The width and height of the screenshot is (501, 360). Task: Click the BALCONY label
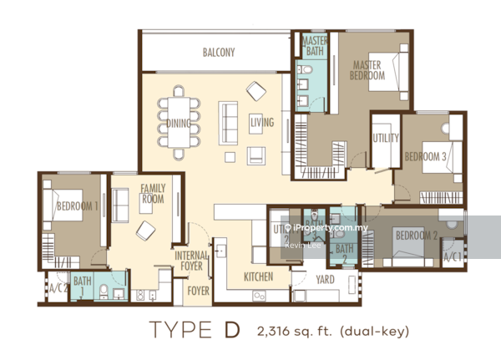(x=219, y=53)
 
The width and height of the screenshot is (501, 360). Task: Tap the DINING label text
(x=178, y=124)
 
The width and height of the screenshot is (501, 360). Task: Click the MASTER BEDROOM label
(x=367, y=70)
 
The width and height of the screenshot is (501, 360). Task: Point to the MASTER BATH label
(x=315, y=46)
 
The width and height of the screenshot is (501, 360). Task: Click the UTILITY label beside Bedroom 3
(x=386, y=138)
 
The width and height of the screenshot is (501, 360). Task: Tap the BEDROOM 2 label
(x=416, y=236)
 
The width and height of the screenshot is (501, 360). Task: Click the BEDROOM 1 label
(x=77, y=205)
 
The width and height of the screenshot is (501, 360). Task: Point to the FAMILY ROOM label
(x=153, y=194)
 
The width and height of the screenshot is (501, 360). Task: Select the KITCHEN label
(x=259, y=276)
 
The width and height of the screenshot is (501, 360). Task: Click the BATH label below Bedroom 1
(x=82, y=282)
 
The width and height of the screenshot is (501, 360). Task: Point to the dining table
(x=180, y=123)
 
